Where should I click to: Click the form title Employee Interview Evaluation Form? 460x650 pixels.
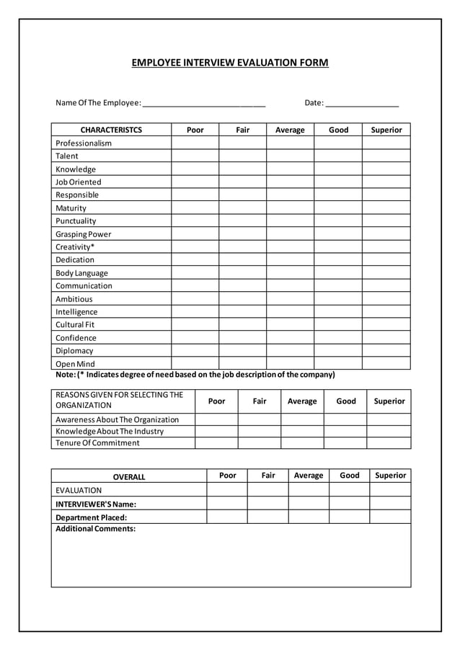[229, 63]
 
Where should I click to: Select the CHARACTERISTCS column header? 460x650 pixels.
[111, 130]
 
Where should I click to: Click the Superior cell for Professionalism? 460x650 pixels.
[386, 143]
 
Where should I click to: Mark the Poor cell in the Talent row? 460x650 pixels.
[195, 156]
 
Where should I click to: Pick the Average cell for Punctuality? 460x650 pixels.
[290, 221]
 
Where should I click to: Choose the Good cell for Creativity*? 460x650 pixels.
[337, 246]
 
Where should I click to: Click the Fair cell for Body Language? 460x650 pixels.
[242, 273]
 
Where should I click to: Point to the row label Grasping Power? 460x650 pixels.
[84, 234]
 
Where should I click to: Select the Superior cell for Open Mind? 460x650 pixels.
[386, 363]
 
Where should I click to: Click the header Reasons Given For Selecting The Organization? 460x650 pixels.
[120, 400]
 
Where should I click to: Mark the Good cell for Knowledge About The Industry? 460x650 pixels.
[345, 431]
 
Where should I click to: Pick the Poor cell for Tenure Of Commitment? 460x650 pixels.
[216, 442]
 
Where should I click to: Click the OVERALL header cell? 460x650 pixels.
[129, 476]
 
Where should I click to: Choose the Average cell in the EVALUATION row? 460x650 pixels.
[309, 490]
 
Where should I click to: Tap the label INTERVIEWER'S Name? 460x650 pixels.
[96, 504]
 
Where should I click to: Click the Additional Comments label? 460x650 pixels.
[96, 529]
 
